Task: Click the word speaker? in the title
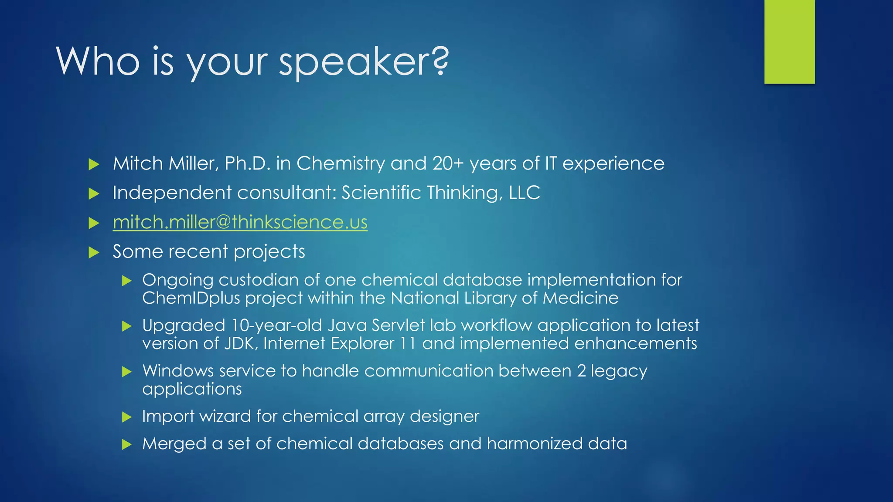coord(363,62)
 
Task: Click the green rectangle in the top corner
coord(789,41)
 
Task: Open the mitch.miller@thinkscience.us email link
coord(240,222)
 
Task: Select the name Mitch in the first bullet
coord(138,163)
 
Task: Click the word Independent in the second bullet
coord(172,193)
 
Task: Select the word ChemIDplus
coord(191,298)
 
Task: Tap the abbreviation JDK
coord(239,343)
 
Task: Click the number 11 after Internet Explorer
coord(408,343)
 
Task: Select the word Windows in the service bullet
coord(178,371)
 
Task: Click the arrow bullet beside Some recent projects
coord(94,252)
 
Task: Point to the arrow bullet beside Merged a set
coord(127,444)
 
